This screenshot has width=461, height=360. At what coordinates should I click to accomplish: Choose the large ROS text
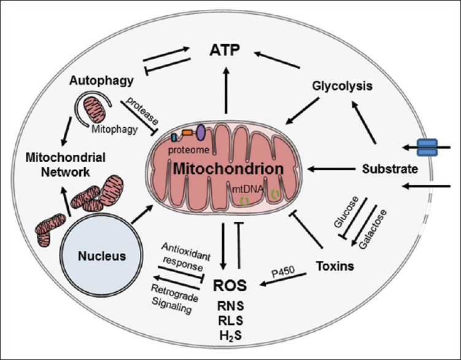coord(231,286)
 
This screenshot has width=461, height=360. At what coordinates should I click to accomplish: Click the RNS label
coord(230,305)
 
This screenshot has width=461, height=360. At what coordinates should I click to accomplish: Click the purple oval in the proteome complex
coord(201,131)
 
